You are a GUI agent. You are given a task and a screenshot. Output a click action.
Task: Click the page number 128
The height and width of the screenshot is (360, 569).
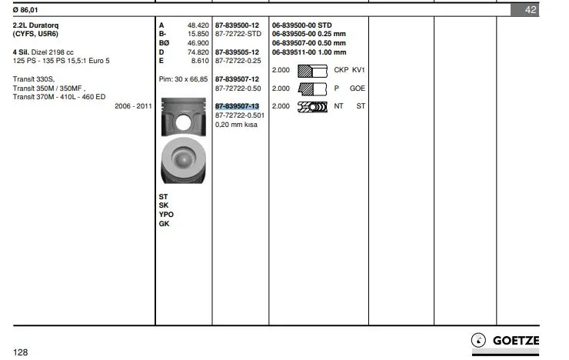point(20,352)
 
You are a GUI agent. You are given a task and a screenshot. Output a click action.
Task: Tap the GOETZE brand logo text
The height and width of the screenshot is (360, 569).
point(516,341)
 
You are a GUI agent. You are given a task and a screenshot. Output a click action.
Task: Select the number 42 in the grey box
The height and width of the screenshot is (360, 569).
point(531,10)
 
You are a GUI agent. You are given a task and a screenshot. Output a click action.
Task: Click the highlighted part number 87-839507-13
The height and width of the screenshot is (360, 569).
point(237,106)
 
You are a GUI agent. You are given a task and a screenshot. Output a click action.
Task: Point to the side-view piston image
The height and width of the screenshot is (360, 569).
point(184,116)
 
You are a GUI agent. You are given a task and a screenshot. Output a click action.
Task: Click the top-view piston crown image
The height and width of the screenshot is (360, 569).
point(183,160)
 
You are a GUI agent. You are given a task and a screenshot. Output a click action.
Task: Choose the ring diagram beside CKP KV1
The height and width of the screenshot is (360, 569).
point(312,71)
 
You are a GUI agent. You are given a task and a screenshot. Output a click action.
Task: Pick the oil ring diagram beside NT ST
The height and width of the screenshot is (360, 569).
point(312,107)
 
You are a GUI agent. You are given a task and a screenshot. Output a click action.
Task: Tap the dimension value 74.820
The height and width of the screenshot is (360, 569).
point(198,52)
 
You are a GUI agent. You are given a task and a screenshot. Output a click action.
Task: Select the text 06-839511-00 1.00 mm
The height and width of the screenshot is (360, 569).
point(309,52)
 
